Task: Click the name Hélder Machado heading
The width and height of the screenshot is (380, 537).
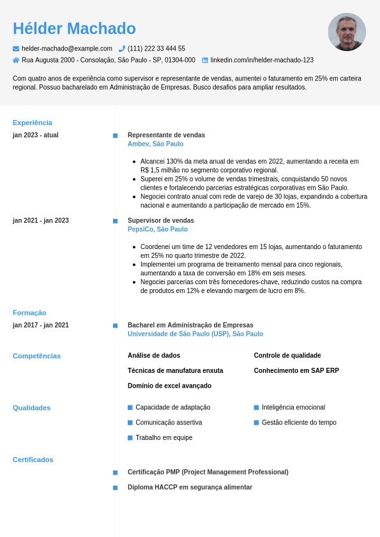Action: (74, 29)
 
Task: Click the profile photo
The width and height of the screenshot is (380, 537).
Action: (347, 32)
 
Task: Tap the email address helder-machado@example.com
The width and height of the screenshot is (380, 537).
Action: (66, 49)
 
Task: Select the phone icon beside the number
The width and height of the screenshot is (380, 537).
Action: (122, 49)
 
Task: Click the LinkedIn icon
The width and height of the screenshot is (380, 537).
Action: (205, 60)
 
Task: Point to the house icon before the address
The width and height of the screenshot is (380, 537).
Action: (16, 60)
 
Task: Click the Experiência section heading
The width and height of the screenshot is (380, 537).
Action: (33, 123)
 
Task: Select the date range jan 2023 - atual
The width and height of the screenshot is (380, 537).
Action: (36, 135)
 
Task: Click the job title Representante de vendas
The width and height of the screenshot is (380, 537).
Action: (166, 135)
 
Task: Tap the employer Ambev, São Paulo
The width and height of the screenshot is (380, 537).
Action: (155, 144)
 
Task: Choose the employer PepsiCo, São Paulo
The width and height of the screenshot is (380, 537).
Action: (157, 229)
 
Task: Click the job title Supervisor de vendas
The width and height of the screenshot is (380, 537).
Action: (160, 220)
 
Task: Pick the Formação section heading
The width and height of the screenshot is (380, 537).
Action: (29, 313)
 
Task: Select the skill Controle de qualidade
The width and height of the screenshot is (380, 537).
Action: (287, 356)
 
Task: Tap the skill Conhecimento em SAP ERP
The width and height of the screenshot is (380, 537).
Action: (296, 370)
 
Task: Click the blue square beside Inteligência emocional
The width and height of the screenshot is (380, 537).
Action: (256, 407)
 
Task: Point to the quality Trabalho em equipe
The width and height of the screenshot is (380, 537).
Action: (163, 438)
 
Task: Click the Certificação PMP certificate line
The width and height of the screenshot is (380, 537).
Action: (208, 473)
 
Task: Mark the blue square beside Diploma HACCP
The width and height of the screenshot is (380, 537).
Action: (115, 488)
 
